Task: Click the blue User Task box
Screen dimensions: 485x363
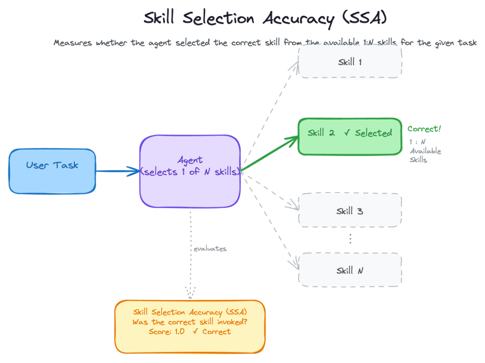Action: tap(52, 171)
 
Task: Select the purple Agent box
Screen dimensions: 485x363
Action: tap(190, 171)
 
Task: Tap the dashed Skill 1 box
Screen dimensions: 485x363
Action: tap(350, 61)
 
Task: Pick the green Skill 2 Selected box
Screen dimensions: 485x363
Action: tap(350, 137)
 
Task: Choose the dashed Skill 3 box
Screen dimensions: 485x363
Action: tap(350, 210)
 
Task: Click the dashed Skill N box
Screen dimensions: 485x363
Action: tap(350, 270)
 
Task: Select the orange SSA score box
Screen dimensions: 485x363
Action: tap(190, 327)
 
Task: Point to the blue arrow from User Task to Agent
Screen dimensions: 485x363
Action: tap(118, 171)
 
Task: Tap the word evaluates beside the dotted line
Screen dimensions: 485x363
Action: tap(210, 249)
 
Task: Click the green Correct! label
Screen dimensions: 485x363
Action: tap(424, 129)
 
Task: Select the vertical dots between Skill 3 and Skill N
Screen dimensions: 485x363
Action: tap(350, 238)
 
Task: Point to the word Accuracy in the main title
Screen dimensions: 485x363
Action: tap(299, 19)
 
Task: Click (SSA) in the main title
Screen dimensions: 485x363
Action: tap(365, 17)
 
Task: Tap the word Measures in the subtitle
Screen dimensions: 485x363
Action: tap(72, 42)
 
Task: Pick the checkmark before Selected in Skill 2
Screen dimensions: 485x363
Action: tap(347, 132)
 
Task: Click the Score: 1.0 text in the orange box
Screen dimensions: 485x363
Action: tap(167, 331)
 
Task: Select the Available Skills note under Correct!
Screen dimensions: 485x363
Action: tap(425, 151)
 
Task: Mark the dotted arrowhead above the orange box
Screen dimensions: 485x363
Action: tap(190, 293)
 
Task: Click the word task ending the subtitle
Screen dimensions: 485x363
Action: tap(467, 42)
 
